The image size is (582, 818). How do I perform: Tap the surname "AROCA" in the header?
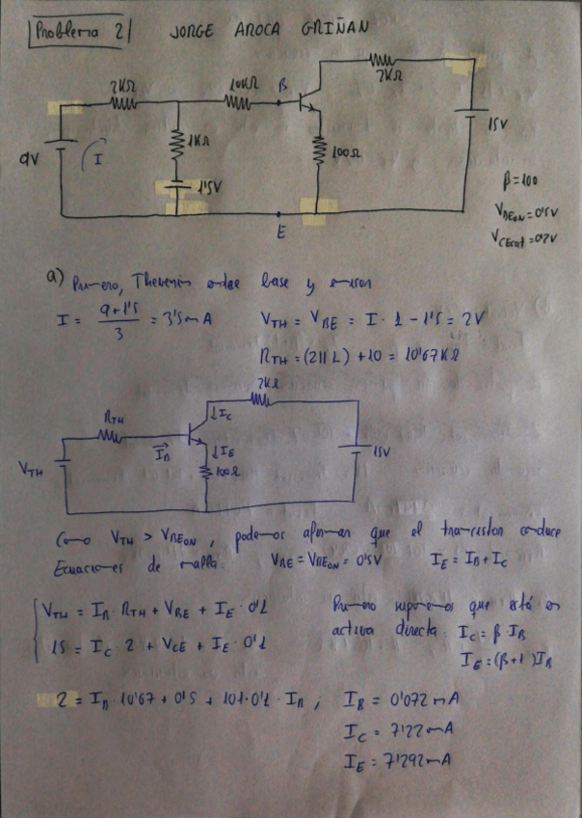(256, 29)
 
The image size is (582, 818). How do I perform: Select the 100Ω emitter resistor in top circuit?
(319, 150)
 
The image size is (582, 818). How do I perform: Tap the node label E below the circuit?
(280, 232)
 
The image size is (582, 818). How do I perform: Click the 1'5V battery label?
(204, 188)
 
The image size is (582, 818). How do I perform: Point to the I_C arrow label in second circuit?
(225, 416)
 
